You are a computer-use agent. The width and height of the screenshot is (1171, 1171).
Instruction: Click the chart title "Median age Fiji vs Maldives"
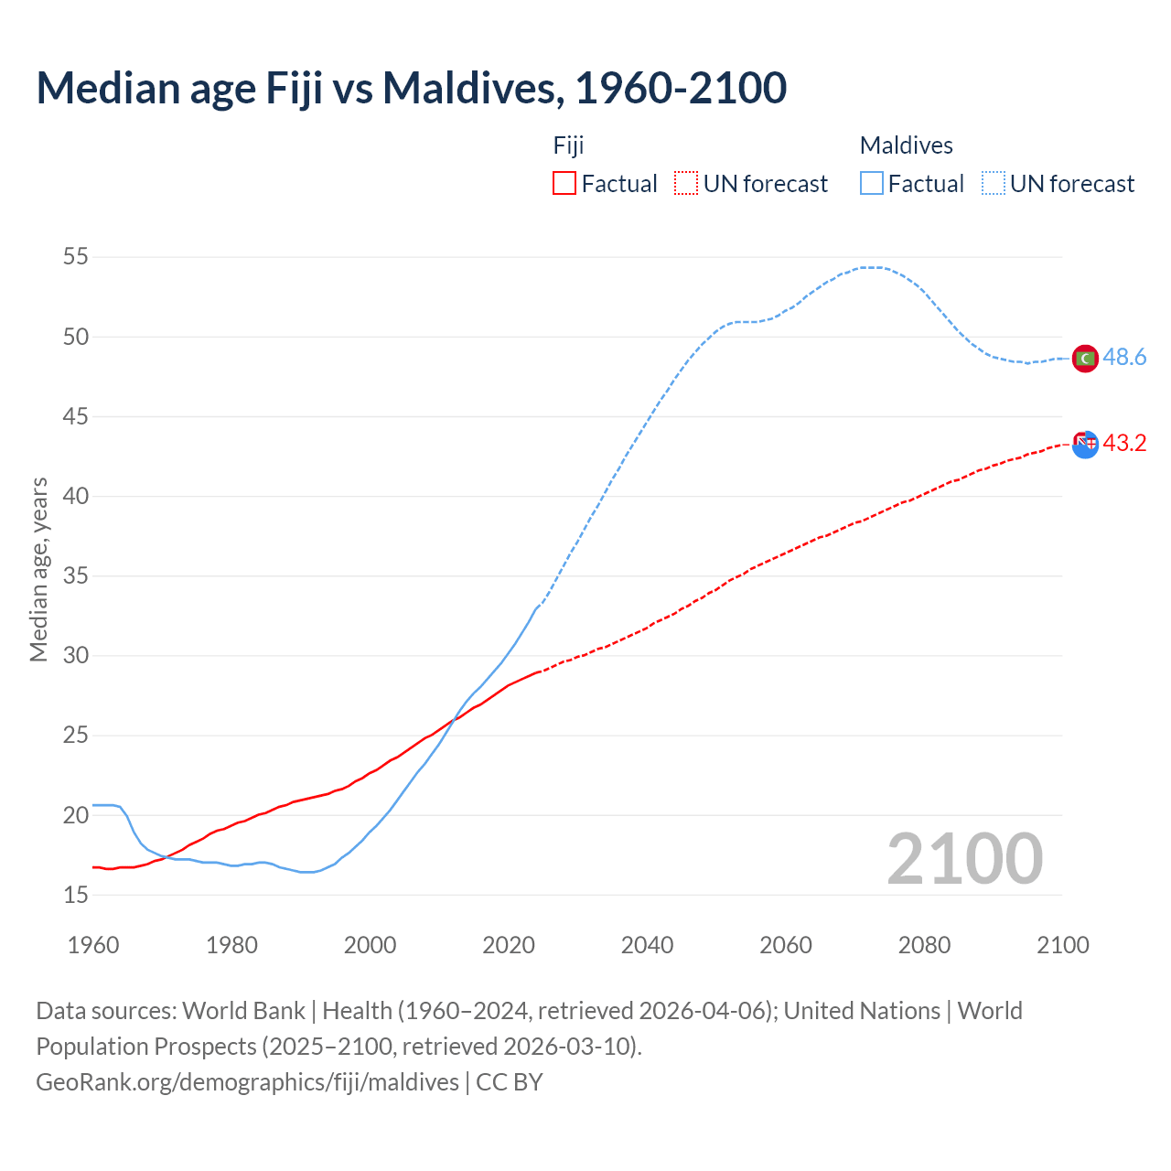click(411, 88)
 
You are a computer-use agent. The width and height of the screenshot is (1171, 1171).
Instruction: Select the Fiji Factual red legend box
click(564, 184)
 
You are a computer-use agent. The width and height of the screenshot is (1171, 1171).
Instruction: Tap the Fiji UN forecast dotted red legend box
click(686, 184)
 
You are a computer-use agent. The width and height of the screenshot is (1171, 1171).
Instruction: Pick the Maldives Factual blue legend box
click(872, 184)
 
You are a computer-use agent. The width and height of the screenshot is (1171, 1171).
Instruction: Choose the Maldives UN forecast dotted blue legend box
click(994, 184)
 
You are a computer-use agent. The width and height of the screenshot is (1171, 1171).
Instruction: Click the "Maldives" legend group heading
click(906, 145)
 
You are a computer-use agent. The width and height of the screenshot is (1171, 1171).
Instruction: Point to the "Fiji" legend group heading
click(568, 145)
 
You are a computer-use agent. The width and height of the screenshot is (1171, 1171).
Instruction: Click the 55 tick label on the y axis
click(76, 257)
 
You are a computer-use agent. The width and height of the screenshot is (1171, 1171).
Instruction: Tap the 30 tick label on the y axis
click(76, 656)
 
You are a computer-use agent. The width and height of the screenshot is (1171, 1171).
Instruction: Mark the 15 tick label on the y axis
click(76, 895)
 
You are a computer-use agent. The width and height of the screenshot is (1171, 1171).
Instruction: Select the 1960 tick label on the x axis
click(93, 945)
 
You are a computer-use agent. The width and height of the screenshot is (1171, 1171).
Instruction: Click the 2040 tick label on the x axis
click(647, 945)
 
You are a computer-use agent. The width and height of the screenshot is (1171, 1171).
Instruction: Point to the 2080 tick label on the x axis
click(924, 945)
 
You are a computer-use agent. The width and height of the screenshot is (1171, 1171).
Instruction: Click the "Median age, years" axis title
click(38, 569)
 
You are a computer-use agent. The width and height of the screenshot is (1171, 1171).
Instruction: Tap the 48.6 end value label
click(1124, 358)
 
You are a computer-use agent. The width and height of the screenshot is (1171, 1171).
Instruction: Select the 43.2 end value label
click(1124, 444)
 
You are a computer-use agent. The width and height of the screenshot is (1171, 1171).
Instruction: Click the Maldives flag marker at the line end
click(1085, 359)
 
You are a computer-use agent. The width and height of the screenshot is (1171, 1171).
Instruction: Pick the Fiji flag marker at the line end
click(1085, 445)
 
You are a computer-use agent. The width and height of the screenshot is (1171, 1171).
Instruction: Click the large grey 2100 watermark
click(965, 859)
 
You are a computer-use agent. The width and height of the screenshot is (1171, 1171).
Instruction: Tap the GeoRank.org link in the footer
click(247, 1082)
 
